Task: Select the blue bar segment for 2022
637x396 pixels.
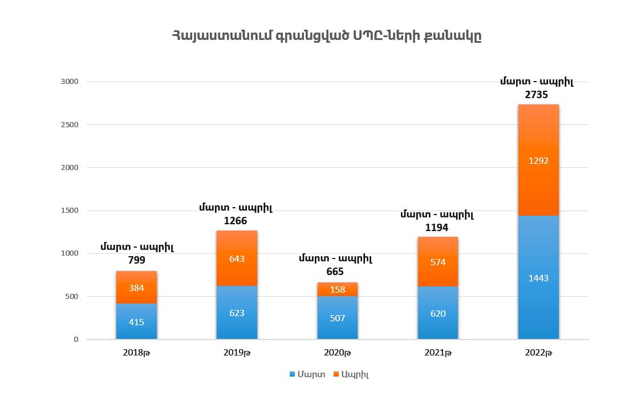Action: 538,277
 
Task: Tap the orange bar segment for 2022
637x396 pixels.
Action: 538,160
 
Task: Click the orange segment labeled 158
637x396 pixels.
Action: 338,289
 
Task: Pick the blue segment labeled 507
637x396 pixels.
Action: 338,318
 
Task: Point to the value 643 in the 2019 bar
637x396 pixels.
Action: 237,258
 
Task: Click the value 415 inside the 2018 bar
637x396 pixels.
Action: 136,322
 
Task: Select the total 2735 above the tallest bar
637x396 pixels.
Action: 537,95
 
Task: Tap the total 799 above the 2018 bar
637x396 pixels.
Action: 136,260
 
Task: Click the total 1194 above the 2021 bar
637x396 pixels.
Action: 436,228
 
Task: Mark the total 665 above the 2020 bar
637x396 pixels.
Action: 335,272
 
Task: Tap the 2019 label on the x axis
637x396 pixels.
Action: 237,353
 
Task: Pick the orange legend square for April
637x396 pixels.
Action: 336,374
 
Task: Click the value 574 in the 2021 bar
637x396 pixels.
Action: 438,262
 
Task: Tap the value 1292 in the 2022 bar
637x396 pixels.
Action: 538,161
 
